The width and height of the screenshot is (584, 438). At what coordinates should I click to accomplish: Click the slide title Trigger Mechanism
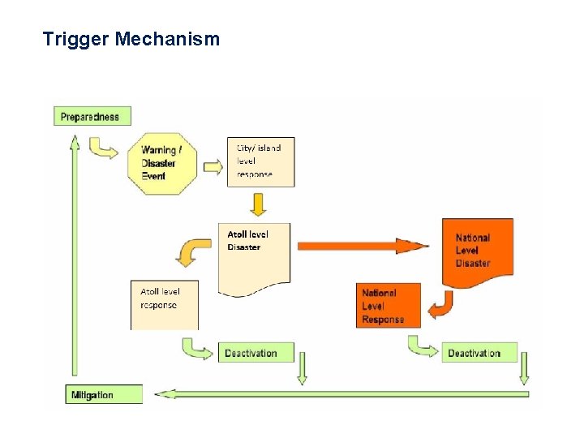pos(131,39)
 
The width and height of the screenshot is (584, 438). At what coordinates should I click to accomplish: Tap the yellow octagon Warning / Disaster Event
pos(162,163)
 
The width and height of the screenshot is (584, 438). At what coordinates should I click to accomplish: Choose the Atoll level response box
pos(164,304)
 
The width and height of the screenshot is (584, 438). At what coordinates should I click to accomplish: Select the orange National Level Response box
pos(389,305)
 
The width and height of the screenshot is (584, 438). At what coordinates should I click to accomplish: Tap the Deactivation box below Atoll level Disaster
pos(251,353)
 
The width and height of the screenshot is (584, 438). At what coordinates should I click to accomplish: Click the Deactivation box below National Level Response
pos(479,353)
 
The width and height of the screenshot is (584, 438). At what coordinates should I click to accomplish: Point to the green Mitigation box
pos(103,395)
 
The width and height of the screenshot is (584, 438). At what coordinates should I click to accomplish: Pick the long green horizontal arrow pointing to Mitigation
pos(341,394)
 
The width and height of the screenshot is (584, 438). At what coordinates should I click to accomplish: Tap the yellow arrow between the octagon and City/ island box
pos(213,166)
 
